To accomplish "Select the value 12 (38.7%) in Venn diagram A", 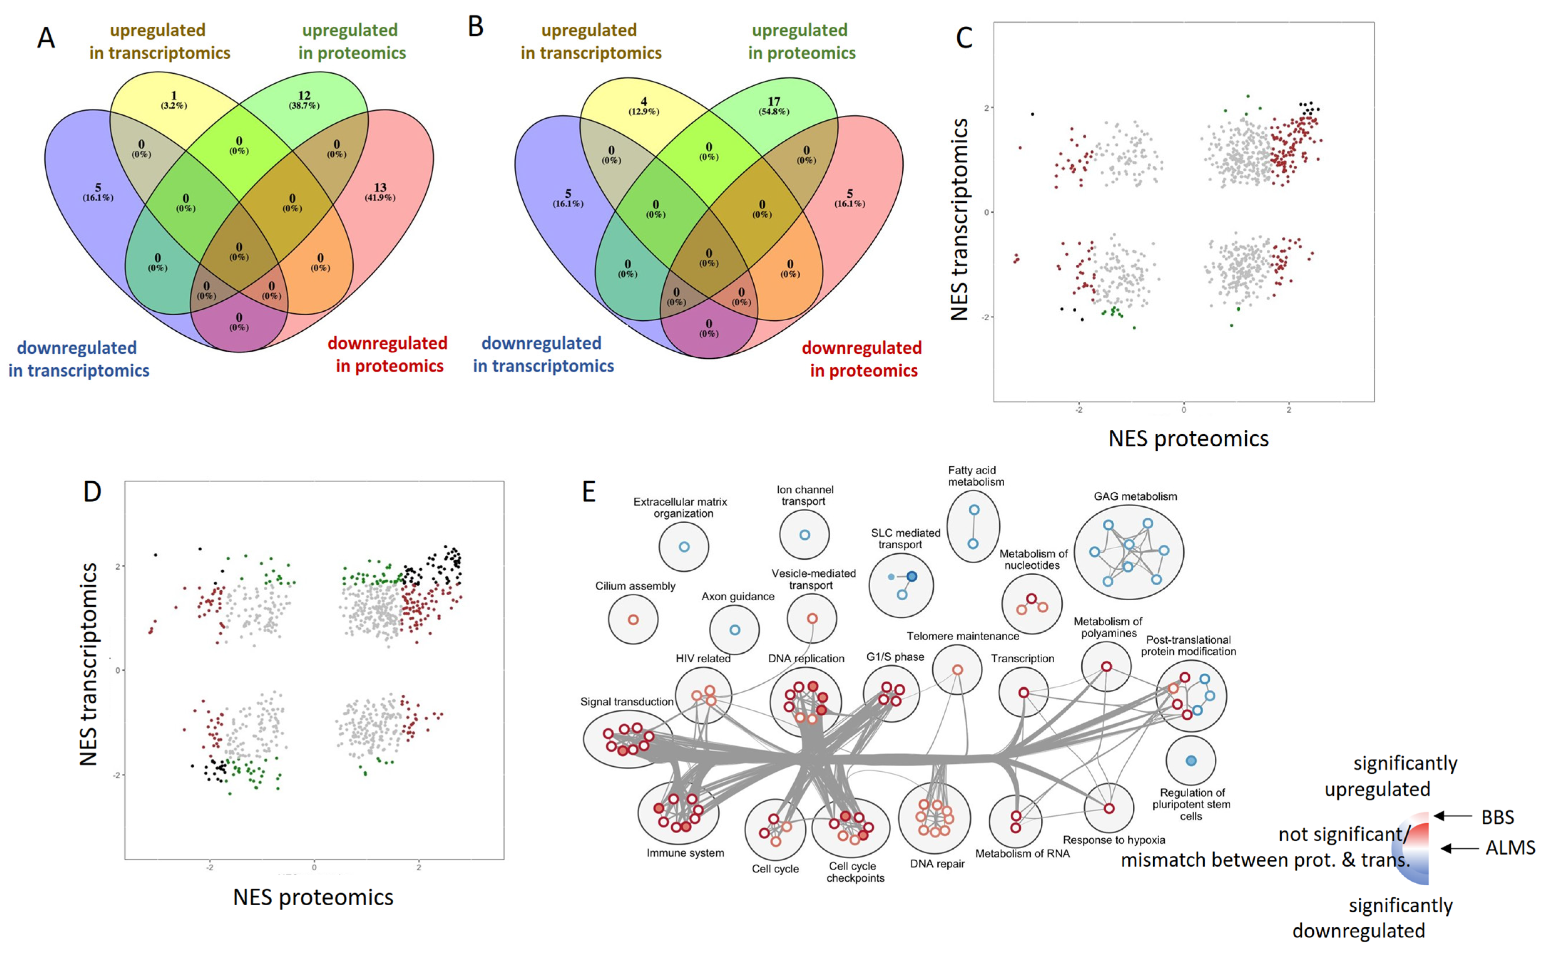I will coord(304,100).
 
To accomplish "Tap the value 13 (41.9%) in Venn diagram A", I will coord(380,192).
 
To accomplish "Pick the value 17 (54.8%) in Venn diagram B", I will coord(774,105).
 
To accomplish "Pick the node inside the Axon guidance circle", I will coord(734,630).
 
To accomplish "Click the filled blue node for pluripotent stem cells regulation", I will coord(1190,761).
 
